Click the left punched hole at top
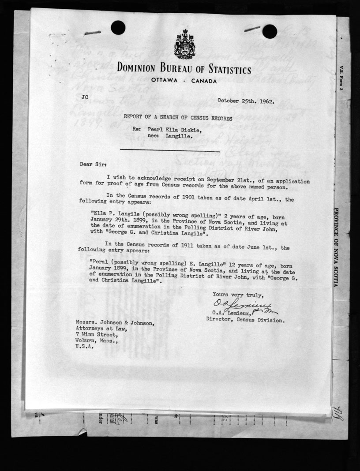click(118, 28)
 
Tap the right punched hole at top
click(270, 31)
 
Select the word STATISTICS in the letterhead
click(225, 70)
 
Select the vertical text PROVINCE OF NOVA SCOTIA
click(336, 247)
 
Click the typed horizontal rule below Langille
click(169, 151)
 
